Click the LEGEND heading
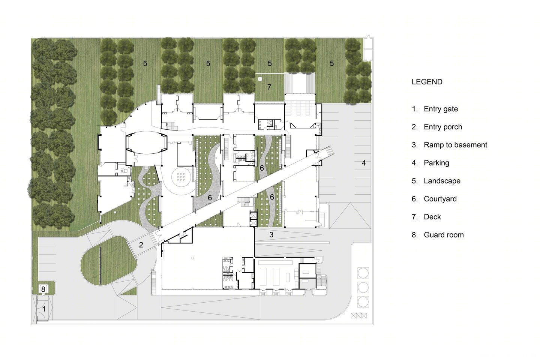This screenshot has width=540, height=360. pyautogui.click(x=427, y=82)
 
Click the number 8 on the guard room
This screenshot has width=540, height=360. pyautogui.click(x=43, y=289)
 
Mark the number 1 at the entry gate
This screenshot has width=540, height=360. pyautogui.click(x=43, y=309)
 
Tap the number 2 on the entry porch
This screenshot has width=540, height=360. pyautogui.click(x=141, y=245)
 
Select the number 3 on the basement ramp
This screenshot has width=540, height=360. pyautogui.click(x=271, y=235)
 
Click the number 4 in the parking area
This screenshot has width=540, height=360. pyautogui.click(x=363, y=163)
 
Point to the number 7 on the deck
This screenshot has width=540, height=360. pyautogui.click(x=269, y=87)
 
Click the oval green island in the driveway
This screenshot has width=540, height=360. pyautogui.click(x=108, y=261)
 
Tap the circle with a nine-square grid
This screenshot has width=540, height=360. pyautogui.click(x=181, y=177)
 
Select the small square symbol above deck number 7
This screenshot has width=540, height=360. pyautogui.click(x=260, y=79)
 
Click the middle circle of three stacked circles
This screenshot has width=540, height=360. pyautogui.click(x=363, y=287)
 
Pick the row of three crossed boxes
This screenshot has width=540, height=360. pyautogui.click(x=359, y=315)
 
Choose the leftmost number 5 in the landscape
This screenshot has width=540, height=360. pyautogui.click(x=145, y=63)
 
